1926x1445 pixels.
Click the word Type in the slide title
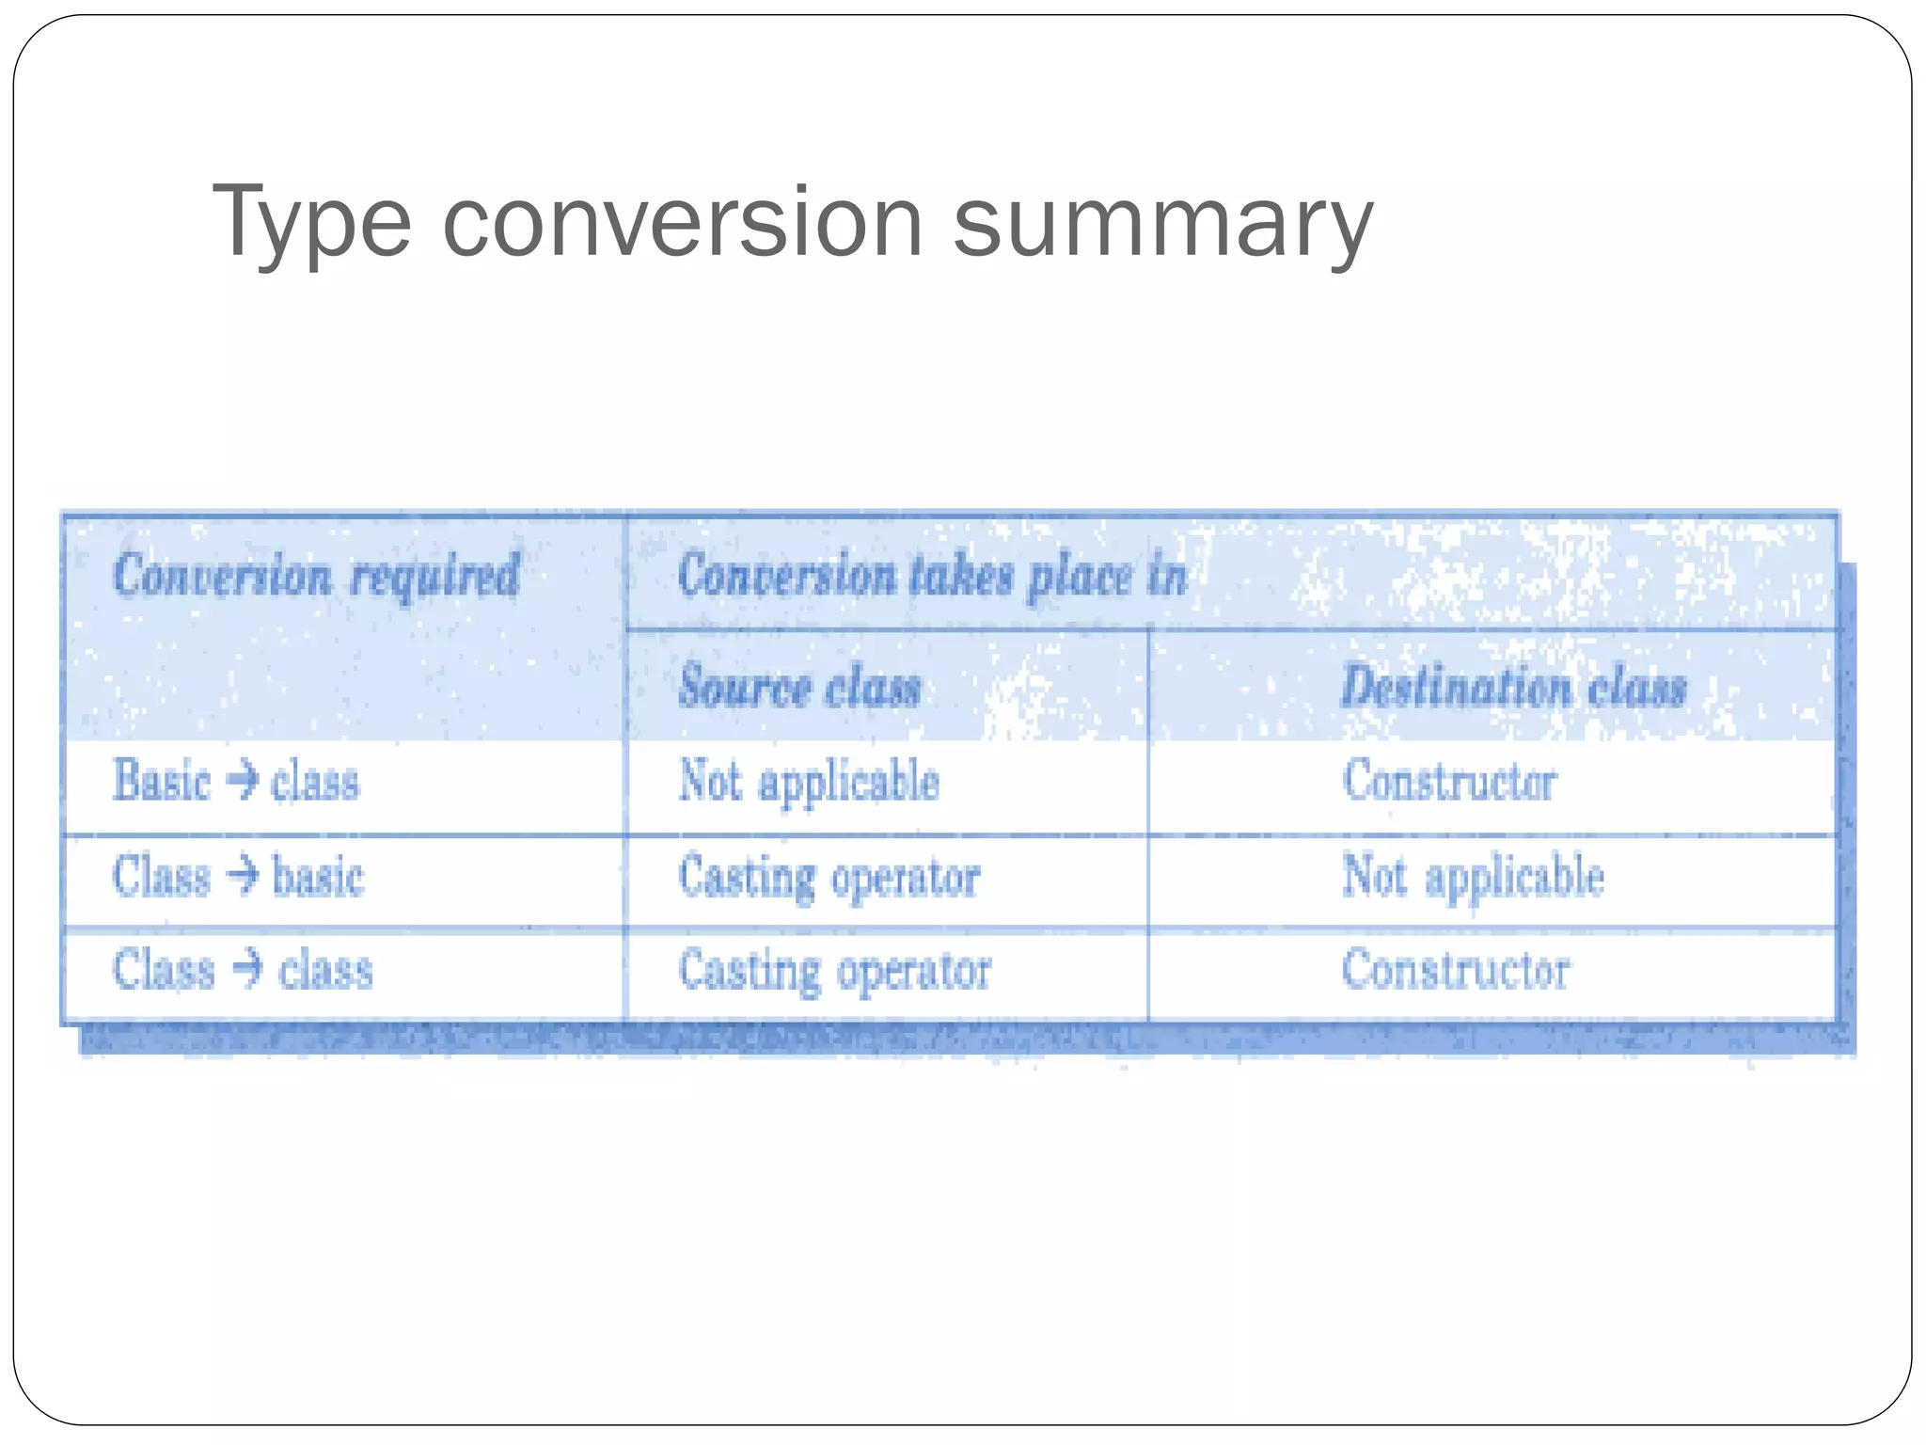(311, 223)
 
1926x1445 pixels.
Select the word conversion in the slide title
(683, 223)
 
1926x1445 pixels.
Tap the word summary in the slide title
(1162, 223)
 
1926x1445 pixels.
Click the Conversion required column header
(316, 575)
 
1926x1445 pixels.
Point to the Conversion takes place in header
(932, 575)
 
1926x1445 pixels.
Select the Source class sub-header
(799, 686)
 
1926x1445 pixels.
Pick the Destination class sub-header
(1513, 686)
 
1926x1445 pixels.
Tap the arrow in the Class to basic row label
(242, 875)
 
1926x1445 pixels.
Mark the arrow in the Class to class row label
(246, 969)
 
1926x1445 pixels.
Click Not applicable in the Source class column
(809, 782)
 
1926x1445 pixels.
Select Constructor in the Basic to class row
(1449, 781)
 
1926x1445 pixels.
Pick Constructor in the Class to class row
(1455, 969)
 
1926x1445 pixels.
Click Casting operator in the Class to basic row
(829, 877)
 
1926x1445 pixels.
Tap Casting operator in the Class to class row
(834, 971)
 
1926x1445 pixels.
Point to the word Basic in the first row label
(161, 781)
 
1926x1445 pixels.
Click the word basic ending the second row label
(318, 876)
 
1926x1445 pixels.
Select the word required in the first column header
(434, 575)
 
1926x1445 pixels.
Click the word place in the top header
(1080, 576)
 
